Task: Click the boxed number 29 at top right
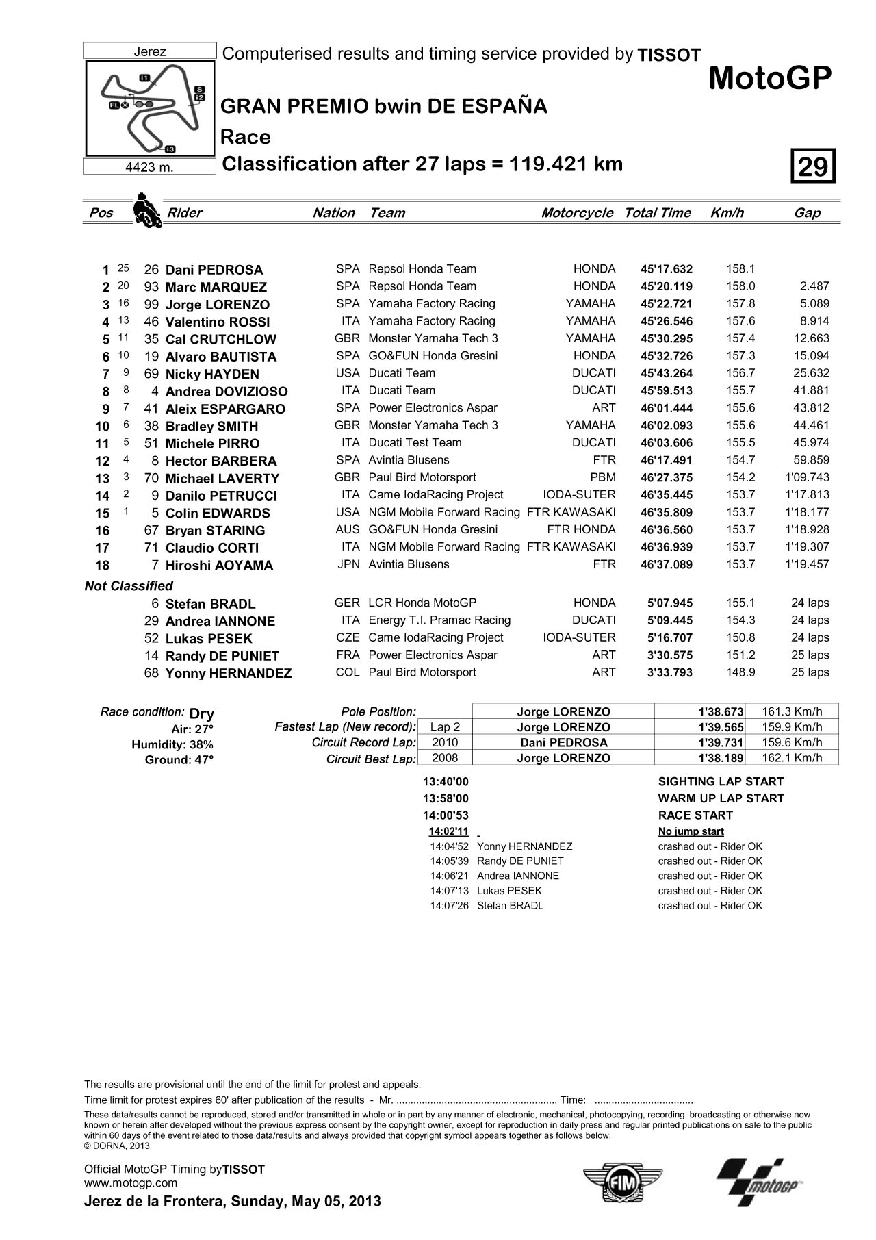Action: [x=813, y=166]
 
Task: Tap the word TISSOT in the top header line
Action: [x=669, y=55]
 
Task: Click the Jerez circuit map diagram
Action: [x=150, y=109]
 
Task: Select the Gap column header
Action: [x=807, y=213]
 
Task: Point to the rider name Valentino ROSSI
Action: [x=218, y=322]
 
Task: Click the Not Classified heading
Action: [x=129, y=586]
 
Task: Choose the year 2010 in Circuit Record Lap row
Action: [x=446, y=742]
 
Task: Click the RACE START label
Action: [x=695, y=815]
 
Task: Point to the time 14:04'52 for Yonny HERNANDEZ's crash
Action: [x=449, y=846]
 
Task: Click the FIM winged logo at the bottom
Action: [x=622, y=1182]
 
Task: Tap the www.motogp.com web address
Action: [x=130, y=1182]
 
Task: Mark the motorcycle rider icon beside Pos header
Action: [x=146, y=210]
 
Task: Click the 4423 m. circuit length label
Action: [x=150, y=167]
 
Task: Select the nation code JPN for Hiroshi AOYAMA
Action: [x=348, y=564]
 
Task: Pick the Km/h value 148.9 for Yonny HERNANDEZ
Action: [x=740, y=672]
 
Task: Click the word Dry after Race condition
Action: [x=201, y=713]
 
